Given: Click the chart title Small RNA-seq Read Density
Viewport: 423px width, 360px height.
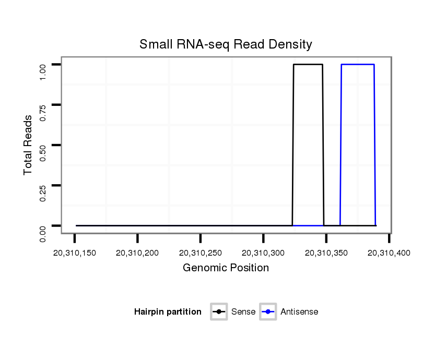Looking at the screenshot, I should point(226,44).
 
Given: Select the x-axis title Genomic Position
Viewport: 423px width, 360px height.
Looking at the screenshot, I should point(226,268).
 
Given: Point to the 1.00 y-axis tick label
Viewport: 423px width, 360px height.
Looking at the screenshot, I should point(43,73).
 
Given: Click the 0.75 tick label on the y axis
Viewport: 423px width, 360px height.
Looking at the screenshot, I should point(43,113).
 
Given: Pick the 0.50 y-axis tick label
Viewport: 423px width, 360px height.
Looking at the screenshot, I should point(43,153).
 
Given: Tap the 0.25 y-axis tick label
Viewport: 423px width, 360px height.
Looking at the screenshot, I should point(43,193).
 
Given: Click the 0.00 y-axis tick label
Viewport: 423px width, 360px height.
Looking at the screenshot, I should point(43,233).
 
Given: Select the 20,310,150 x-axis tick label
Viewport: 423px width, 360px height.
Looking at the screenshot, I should point(74,254).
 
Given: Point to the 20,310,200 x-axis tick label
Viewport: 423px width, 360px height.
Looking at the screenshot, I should point(137,254).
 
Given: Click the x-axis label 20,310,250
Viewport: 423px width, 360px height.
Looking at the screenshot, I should point(201,254).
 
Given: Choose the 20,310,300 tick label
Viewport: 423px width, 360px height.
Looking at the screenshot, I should point(263,254).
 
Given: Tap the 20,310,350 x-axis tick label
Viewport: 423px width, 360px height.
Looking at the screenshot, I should point(326,254).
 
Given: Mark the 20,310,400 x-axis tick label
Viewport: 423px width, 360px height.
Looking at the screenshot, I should point(389,254).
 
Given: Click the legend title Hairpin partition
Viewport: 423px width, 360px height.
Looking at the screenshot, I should point(168,312).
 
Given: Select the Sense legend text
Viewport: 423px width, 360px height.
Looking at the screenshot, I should point(243,312).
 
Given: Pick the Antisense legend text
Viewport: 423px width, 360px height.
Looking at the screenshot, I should point(299,312).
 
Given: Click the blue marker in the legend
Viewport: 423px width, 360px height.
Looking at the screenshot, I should point(268,312).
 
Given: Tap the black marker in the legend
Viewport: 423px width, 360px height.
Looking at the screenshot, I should point(219,312).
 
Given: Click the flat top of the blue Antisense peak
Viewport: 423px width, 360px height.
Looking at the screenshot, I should point(358,65).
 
